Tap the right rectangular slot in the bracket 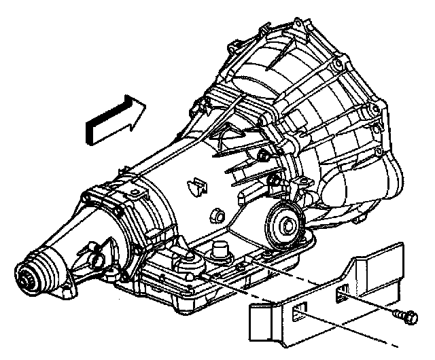point(343,293)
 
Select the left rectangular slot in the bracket point(296,314)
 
